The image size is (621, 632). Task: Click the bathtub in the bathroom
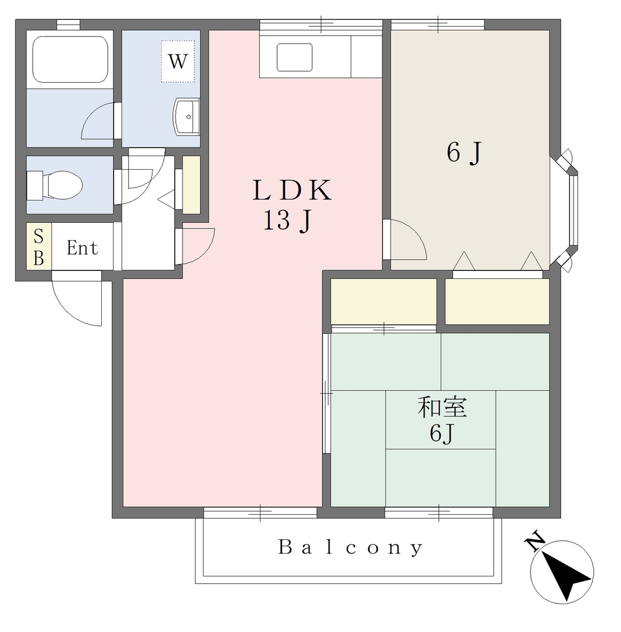coord(70,59)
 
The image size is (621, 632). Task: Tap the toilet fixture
coord(54,185)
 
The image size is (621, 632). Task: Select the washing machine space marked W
coord(178,61)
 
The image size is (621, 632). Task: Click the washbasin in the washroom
coord(186,117)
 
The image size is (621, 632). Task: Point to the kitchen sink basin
coord(294,57)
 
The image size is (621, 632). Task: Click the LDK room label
coord(292,190)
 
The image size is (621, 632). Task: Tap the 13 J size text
coord(288,221)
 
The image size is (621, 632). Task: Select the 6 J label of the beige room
coord(464,153)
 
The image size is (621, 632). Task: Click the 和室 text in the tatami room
coord(442,407)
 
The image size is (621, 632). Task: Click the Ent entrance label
coord(82,248)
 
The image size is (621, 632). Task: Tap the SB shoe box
coord(39,246)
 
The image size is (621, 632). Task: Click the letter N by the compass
coord(535,543)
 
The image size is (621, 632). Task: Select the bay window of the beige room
coord(565,210)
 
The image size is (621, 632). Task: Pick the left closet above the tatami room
coord(383,301)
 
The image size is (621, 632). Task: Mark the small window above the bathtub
coord(68,25)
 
